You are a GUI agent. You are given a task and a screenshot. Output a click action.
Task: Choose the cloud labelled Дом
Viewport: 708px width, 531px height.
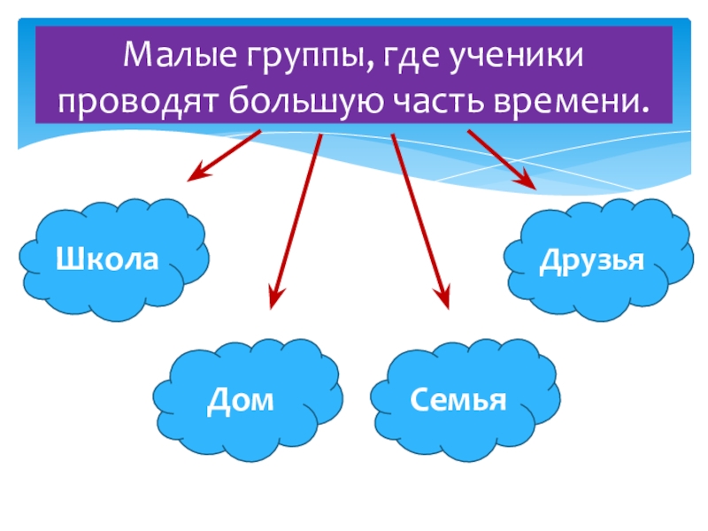click(x=247, y=403)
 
